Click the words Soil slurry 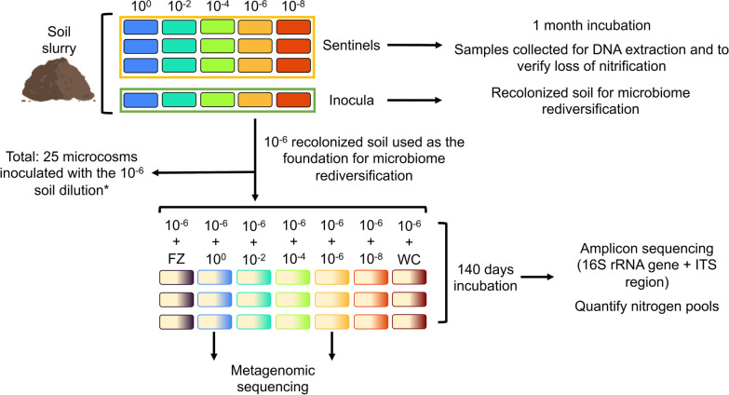coord(35,31)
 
